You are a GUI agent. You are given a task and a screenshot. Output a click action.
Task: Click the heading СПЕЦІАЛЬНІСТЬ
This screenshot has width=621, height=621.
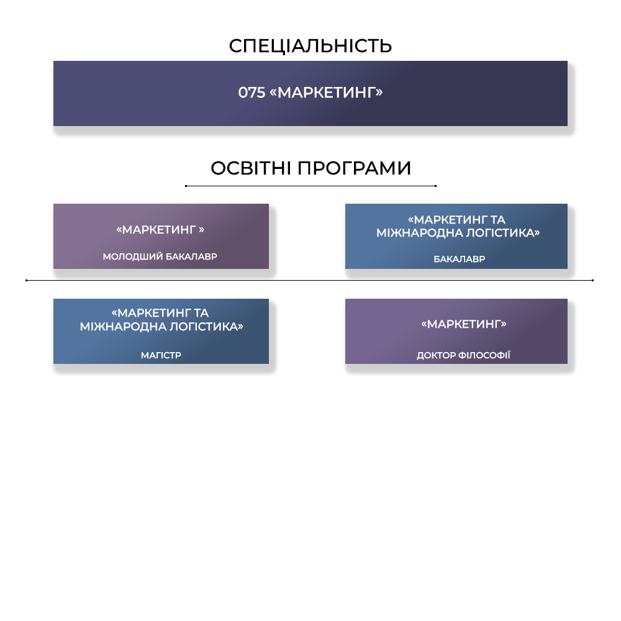pyautogui.click(x=310, y=46)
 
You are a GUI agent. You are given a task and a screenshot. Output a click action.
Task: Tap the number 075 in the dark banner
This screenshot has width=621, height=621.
pyautogui.click(x=252, y=93)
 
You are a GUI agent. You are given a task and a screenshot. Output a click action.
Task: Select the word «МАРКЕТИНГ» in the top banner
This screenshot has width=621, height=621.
pyautogui.click(x=326, y=93)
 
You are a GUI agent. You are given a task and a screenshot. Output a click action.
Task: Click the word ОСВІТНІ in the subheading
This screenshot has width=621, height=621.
pyautogui.click(x=251, y=168)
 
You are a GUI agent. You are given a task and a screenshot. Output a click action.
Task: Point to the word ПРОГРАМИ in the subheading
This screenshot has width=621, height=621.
pyautogui.click(x=354, y=168)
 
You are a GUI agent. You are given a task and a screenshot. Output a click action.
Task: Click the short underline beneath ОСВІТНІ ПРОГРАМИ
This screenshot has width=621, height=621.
pyautogui.click(x=310, y=186)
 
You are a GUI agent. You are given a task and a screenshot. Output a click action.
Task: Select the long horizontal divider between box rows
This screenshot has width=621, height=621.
pyautogui.click(x=309, y=280)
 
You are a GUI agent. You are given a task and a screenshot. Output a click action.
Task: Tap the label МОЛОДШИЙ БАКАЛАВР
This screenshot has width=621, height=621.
pyautogui.click(x=160, y=256)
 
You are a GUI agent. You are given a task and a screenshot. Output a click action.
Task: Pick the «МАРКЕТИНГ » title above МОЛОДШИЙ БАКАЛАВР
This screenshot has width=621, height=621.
pyautogui.click(x=160, y=230)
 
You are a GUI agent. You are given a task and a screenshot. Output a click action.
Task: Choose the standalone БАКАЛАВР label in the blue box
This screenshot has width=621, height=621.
pyautogui.click(x=460, y=259)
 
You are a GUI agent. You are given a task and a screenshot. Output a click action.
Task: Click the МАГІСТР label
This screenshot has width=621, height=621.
pyautogui.click(x=161, y=355)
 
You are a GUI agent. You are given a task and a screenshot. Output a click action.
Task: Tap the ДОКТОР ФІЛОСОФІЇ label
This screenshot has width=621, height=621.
pyautogui.click(x=463, y=355)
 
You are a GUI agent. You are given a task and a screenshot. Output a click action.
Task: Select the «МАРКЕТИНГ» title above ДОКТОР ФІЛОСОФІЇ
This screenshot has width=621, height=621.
pyautogui.click(x=464, y=324)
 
